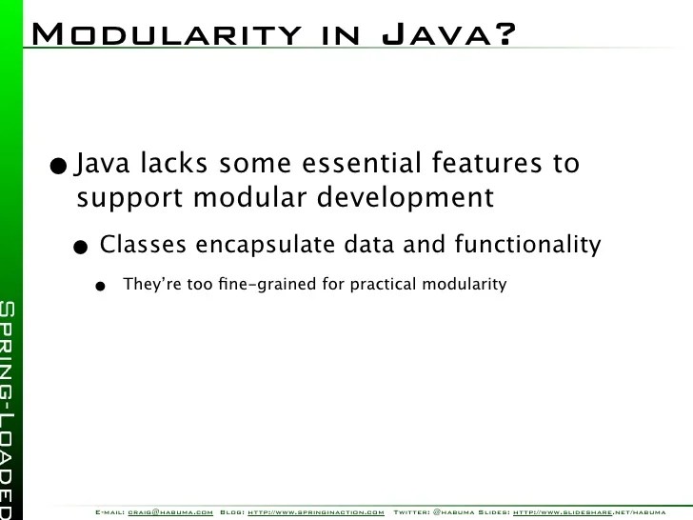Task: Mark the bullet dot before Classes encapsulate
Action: [83, 248]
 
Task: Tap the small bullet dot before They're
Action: [100, 286]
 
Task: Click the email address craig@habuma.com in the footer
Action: [170, 512]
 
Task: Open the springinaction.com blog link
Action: [316, 512]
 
